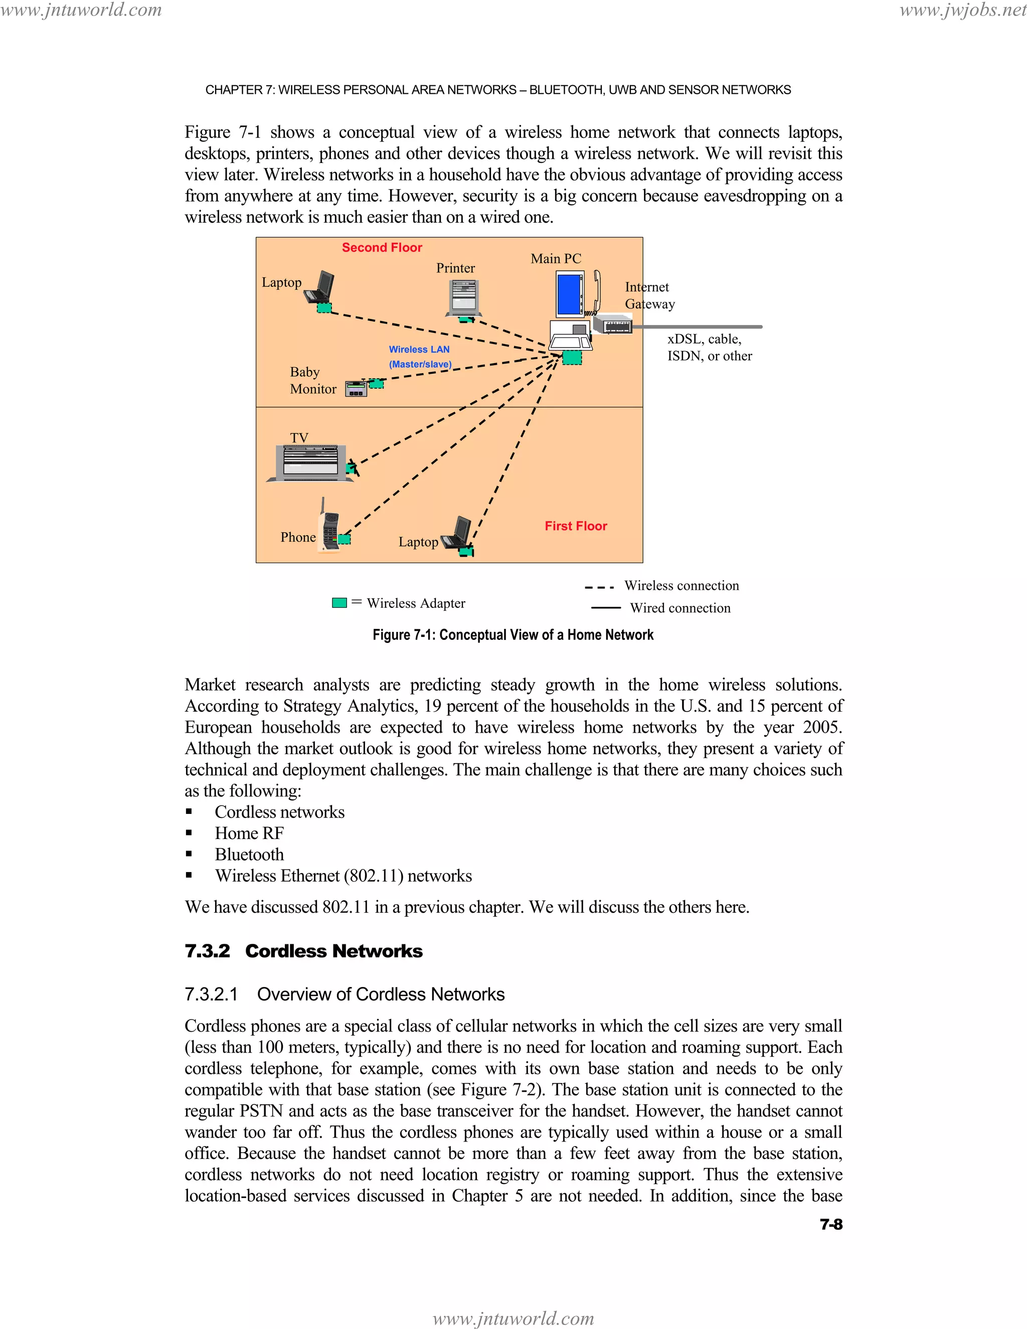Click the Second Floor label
click(382, 247)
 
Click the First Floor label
click(576, 526)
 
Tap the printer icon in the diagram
click(464, 297)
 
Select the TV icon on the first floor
click(310, 462)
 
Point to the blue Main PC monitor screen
click(570, 294)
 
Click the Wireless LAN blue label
click(419, 349)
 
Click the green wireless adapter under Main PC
click(571, 357)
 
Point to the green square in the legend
click(339, 602)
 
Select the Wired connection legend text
click(679, 608)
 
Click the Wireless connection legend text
click(681, 585)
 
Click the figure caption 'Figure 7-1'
click(513, 635)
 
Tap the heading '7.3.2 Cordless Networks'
click(303, 951)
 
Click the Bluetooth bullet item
click(249, 855)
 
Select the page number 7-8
click(830, 1224)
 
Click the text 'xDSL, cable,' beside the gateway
click(704, 339)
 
